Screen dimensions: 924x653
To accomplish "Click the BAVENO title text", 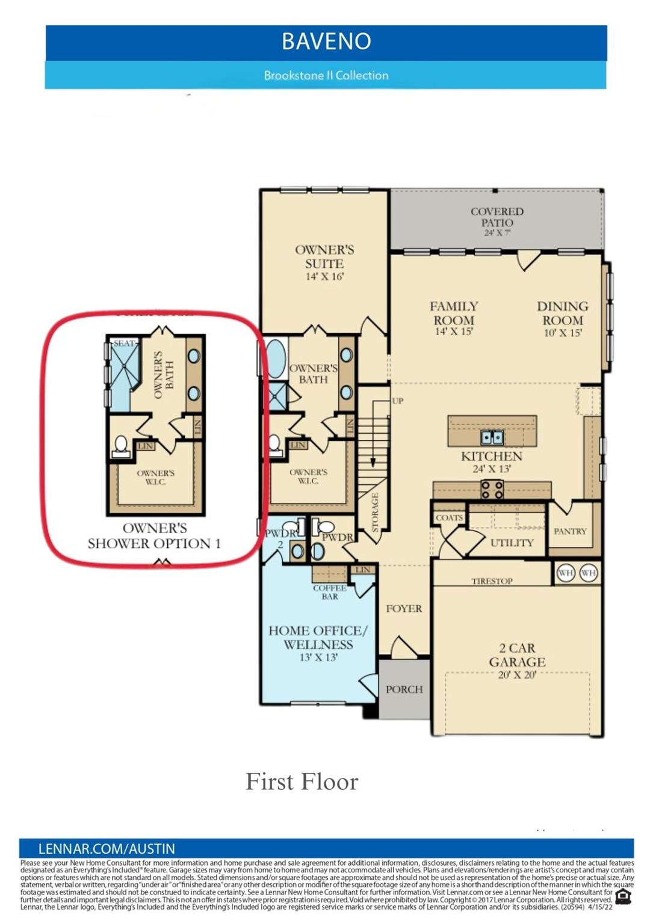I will (x=326, y=42).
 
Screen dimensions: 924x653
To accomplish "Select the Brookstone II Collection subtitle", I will (x=326, y=76).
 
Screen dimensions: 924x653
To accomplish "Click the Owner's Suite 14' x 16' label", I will (x=324, y=262).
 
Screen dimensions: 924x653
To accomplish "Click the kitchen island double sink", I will (x=492, y=437).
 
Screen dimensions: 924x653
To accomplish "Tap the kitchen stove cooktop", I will (x=492, y=490).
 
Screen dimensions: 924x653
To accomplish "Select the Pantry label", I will (x=569, y=531).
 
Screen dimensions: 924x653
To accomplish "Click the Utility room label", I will (x=512, y=543).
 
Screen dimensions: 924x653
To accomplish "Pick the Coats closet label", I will (x=449, y=517).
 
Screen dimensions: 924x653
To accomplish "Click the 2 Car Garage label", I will (x=517, y=661).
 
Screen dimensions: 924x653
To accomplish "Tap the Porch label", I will (x=404, y=689).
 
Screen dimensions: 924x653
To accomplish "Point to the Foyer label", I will (x=404, y=609).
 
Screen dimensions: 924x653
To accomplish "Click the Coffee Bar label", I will (x=330, y=592).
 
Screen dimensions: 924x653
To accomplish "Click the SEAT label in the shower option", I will (x=124, y=343).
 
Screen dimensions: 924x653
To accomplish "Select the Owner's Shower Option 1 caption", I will (x=155, y=536).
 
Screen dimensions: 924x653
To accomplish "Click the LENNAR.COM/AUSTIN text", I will (x=107, y=849).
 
